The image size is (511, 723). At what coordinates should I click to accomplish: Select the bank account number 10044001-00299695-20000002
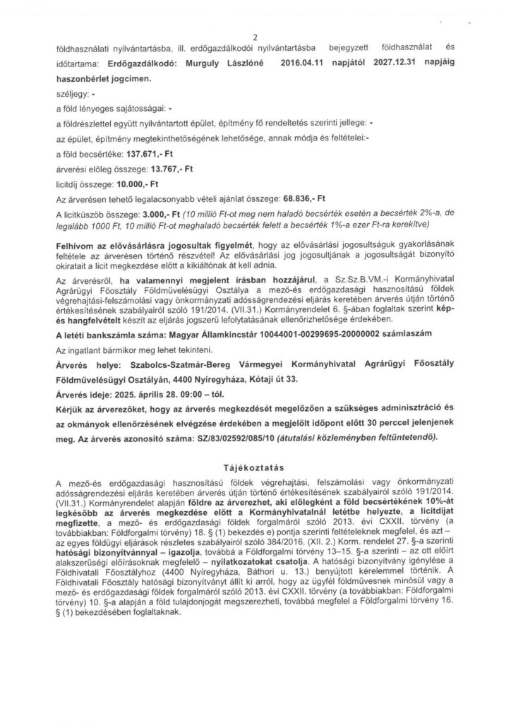(290, 331)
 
